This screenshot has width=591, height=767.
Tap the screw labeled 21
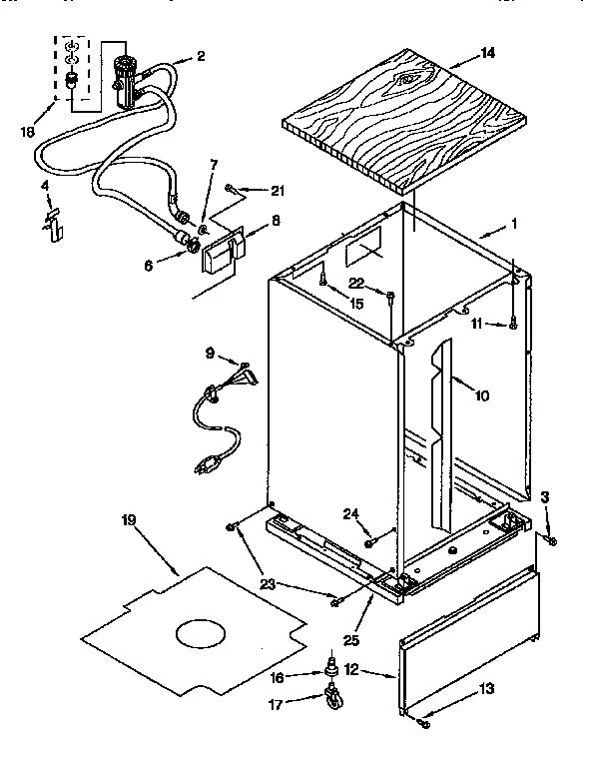pos(231,187)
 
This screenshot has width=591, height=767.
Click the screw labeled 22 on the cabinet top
pos(392,295)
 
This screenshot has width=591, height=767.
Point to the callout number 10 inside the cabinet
pos(481,395)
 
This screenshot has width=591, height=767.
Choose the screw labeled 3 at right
pos(550,539)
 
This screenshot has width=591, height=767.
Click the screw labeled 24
pos(369,542)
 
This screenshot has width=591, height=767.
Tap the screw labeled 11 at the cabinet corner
pos(512,323)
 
